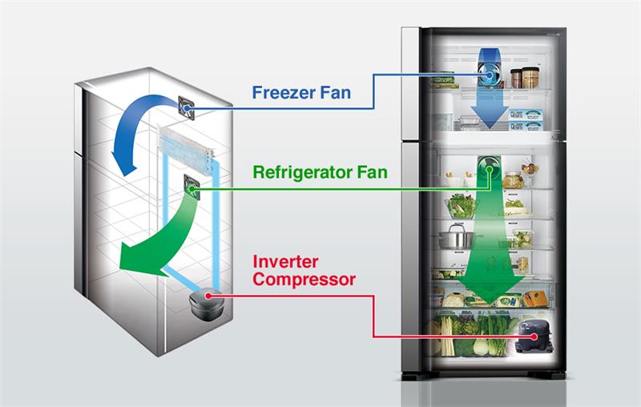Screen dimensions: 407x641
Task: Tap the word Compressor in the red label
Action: click(304, 280)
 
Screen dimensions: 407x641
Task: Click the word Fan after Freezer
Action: click(332, 93)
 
